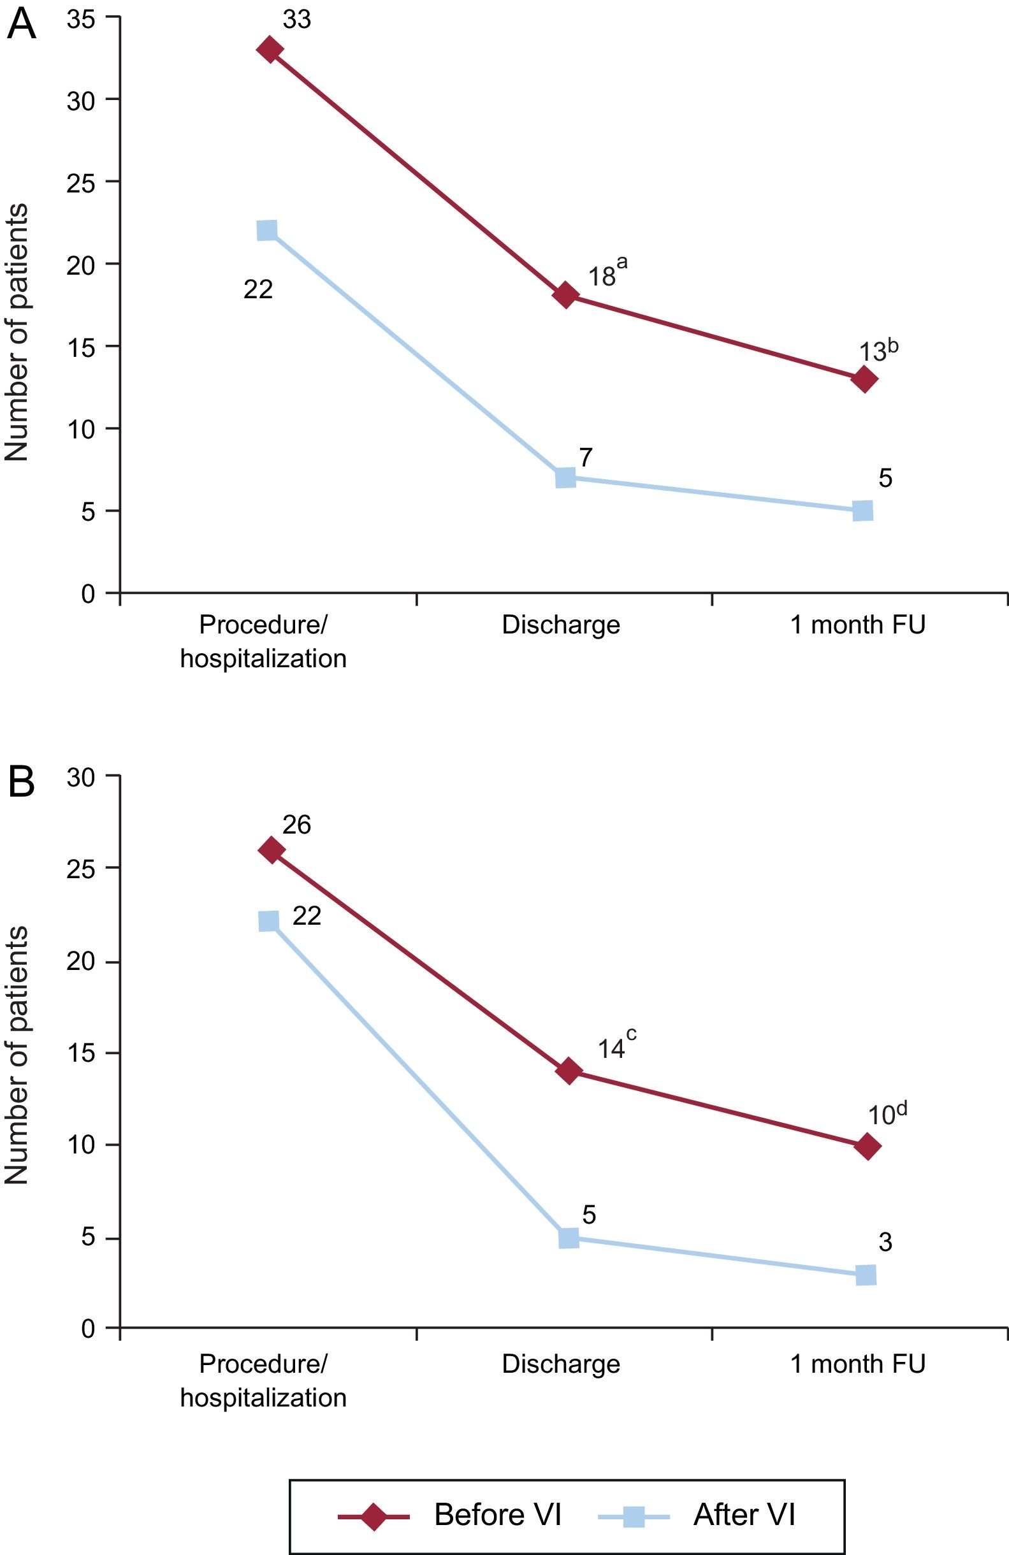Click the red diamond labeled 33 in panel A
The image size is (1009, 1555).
point(269,49)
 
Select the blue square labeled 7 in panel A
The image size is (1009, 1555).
point(565,477)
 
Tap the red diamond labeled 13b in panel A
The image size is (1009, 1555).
point(864,379)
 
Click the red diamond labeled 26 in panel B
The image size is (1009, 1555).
point(271,850)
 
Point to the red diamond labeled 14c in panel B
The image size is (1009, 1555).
point(568,1071)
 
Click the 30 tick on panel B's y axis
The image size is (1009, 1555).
point(81,776)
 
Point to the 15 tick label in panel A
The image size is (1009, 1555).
point(81,346)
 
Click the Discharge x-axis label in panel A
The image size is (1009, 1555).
point(561,625)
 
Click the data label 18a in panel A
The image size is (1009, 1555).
point(607,273)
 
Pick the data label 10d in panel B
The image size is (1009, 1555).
point(887,1113)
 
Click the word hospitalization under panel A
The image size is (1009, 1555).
point(263,658)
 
